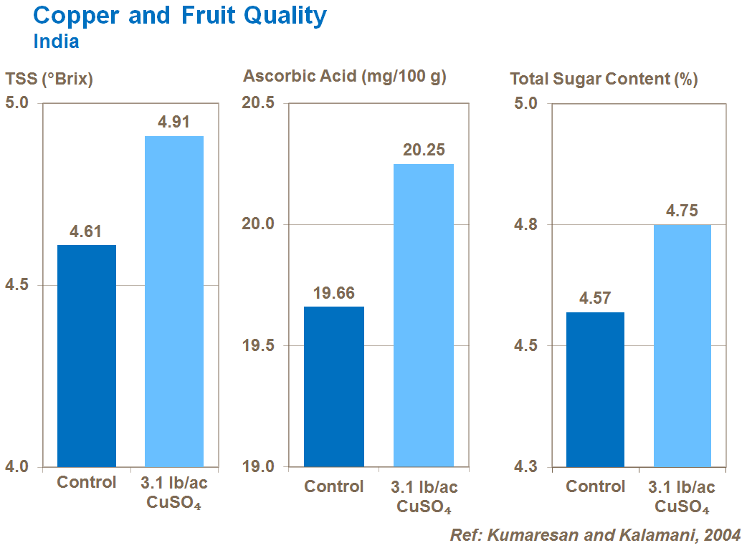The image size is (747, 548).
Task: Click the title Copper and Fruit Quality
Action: (180, 16)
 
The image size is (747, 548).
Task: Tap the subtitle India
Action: (56, 42)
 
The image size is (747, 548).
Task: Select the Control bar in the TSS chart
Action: (87, 356)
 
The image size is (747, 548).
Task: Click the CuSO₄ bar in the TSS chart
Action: (174, 301)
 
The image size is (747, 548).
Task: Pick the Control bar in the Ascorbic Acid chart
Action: (334, 387)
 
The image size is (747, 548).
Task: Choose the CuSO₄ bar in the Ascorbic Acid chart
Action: (424, 315)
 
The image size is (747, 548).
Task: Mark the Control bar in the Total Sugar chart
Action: (595, 390)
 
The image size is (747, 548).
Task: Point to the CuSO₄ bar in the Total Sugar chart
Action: (682, 345)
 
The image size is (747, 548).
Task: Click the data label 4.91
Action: (174, 122)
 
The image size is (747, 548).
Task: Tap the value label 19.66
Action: (334, 293)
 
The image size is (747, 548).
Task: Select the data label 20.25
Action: (424, 150)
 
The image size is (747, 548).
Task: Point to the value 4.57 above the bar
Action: (595, 299)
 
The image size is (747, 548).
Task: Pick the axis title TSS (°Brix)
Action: (49, 80)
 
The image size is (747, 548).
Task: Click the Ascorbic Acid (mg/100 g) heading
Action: (345, 76)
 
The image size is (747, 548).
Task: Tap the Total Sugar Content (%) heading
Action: (604, 79)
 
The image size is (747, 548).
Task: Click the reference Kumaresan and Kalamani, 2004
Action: (595, 535)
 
